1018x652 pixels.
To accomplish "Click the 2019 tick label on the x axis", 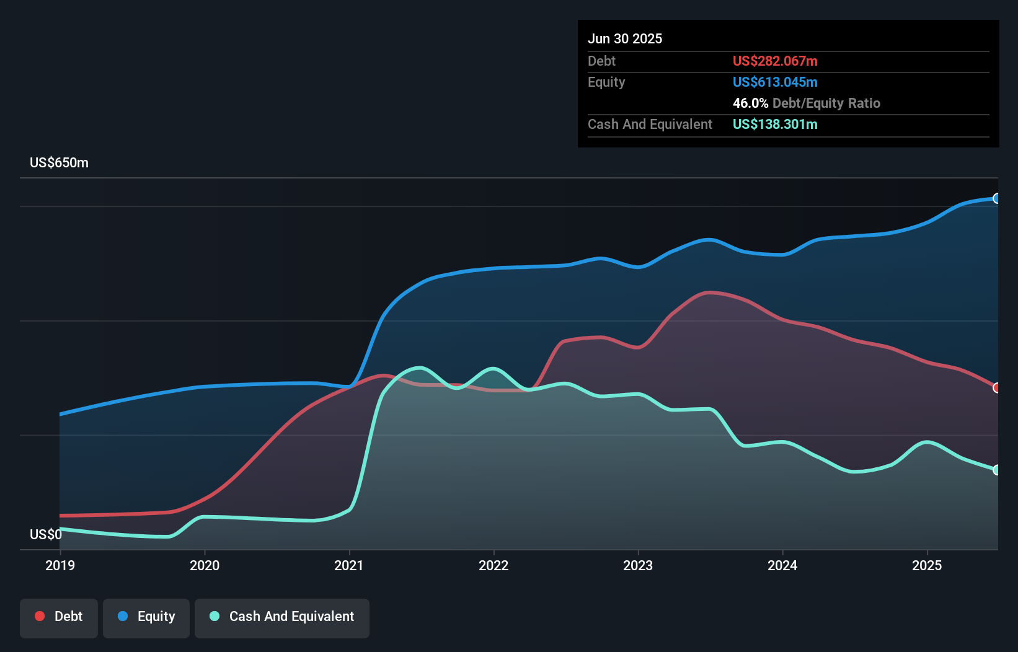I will coord(60,565).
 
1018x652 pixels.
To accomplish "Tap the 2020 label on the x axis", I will coord(205,565).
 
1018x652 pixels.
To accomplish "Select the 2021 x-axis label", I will coord(349,565).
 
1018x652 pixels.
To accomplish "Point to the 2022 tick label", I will coord(494,565).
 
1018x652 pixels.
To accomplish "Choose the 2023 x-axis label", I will coord(638,565).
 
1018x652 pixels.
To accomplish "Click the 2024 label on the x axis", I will coord(782,565).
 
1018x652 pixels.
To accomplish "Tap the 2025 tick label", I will coord(927,565).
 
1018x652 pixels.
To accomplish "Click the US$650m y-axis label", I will coord(59,163).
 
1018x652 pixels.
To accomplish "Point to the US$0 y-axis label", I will coord(46,534).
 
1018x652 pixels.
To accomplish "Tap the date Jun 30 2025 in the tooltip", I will coord(625,39).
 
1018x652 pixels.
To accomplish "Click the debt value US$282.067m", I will coord(775,61).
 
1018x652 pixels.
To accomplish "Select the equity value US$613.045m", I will coord(775,82).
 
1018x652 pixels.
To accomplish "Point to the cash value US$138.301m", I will coord(775,125).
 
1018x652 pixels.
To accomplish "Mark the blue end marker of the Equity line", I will coord(997,198).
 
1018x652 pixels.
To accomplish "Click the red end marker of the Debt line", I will coord(997,388).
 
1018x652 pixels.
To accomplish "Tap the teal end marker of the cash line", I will coord(997,470).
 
